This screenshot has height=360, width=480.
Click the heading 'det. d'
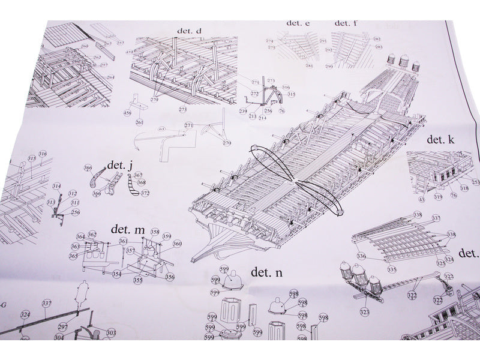[x=190, y=31]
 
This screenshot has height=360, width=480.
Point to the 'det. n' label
[x=266, y=272]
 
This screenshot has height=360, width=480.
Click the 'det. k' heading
[x=442, y=139]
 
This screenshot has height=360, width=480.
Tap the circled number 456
[x=128, y=113]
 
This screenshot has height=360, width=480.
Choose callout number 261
[x=139, y=122]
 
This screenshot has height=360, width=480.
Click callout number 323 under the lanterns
[x=364, y=312]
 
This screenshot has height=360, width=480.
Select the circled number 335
[x=391, y=270]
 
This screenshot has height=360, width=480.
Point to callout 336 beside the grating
[x=361, y=256]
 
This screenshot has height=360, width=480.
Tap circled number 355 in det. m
[x=138, y=280]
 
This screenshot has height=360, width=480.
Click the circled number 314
[x=57, y=187]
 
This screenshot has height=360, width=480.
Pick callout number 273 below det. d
[x=182, y=110]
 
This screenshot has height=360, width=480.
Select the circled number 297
[x=62, y=326]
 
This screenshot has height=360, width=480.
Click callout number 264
[x=110, y=77]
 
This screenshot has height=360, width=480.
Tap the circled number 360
[x=177, y=244]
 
